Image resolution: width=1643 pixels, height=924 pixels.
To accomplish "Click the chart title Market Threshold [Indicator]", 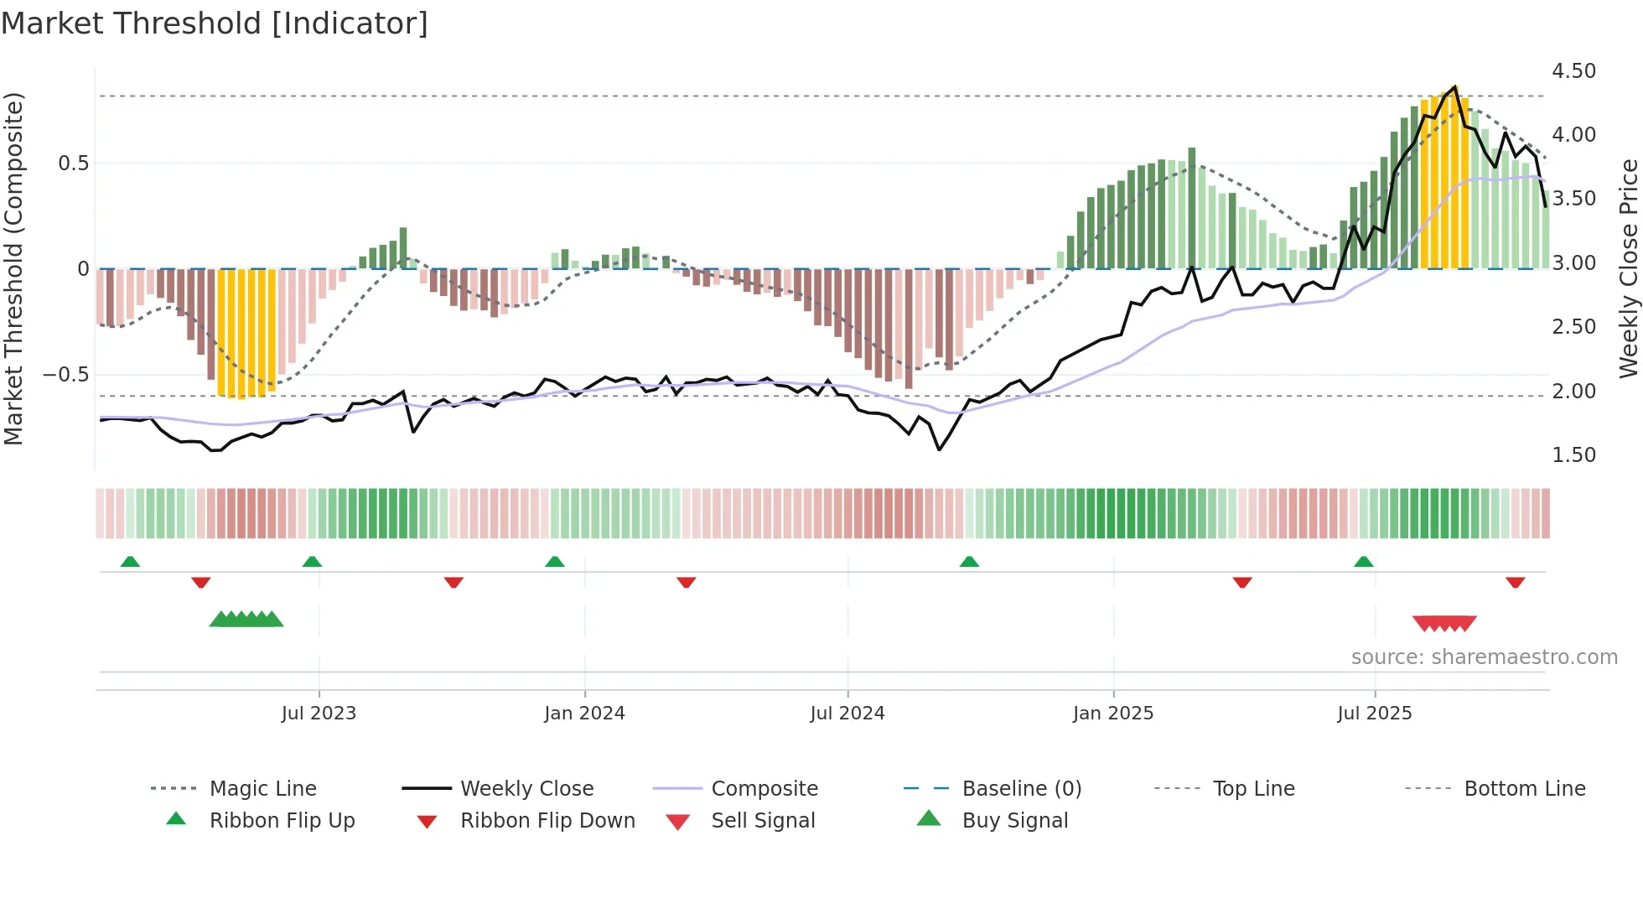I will (x=215, y=23).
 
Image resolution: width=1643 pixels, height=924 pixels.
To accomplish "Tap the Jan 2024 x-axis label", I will (x=584, y=714).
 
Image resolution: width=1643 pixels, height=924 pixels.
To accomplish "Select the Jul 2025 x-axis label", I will (x=1374, y=714).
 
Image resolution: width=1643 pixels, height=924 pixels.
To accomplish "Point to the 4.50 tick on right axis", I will (x=1573, y=71).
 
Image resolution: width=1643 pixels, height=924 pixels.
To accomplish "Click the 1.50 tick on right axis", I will (x=1573, y=455).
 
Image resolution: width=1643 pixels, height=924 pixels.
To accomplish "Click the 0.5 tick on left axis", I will (x=73, y=164).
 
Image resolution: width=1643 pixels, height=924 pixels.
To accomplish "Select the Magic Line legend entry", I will (x=262, y=789).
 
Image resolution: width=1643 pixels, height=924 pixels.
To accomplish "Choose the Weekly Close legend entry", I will (x=526, y=789).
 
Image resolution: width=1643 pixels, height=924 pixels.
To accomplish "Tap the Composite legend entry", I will (x=764, y=789).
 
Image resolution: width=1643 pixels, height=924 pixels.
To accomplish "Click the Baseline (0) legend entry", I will (x=1021, y=789).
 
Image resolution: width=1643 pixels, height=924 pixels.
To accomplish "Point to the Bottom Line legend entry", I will (x=1524, y=789).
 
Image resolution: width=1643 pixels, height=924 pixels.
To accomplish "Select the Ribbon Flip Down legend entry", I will (x=547, y=821).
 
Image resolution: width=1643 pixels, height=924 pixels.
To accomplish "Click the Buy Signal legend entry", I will (x=1014, y=821).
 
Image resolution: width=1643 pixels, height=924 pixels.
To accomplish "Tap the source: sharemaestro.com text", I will (x=1484, y=657).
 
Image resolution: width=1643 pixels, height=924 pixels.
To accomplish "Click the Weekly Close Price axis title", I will (x=1628, y=268).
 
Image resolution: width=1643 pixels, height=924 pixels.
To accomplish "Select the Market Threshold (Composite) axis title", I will (x=13, y=268).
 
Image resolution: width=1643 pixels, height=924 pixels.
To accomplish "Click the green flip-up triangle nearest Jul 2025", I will (x=1363, y=562).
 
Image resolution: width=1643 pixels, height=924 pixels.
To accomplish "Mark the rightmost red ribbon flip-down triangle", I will (x=1515, y=582).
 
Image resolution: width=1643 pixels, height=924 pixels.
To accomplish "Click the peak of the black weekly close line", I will (x=1455, y=86).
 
